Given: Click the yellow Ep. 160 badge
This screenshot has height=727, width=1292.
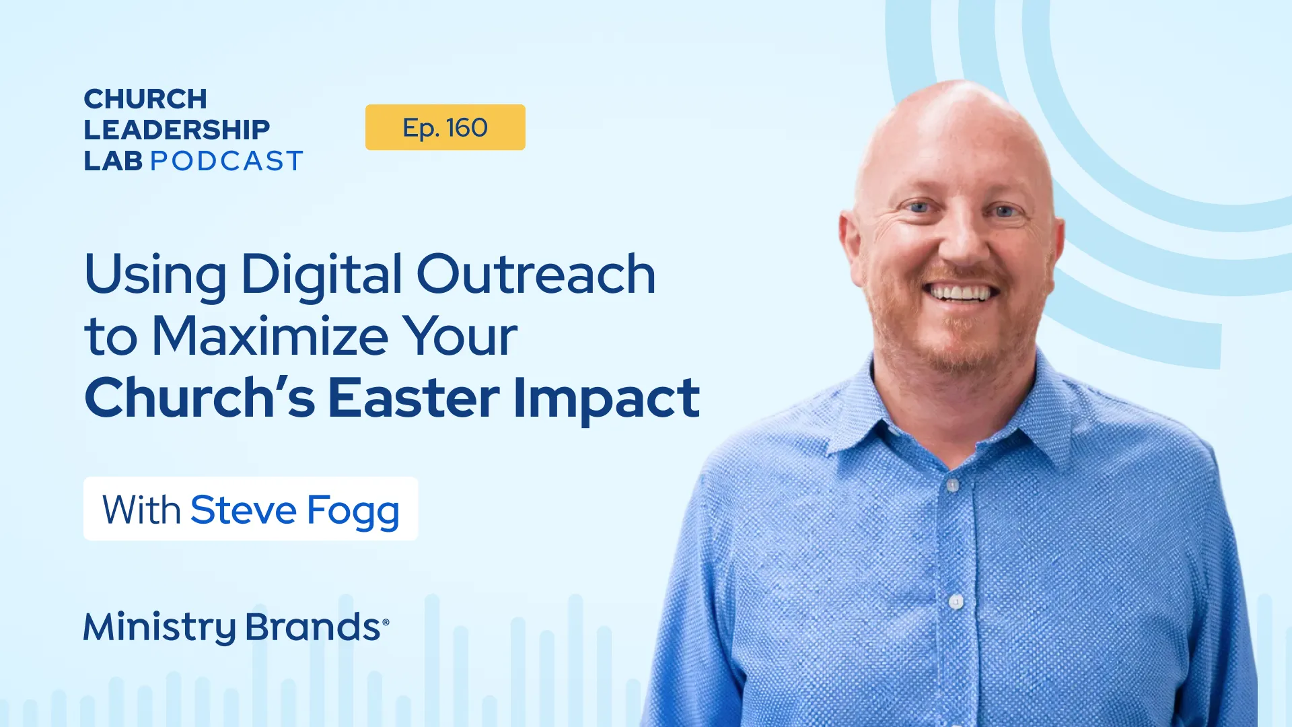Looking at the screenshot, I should pyautogui.click(x=445, y=127).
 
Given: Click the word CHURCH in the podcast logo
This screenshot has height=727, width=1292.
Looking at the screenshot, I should pyautogui.click(x=145, y=99).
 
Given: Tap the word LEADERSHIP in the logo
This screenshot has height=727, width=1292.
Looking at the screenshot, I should pyautogui.click(x=176, y=129).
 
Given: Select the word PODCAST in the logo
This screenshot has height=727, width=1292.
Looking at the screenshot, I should pyautogui.click(x=227, y=161).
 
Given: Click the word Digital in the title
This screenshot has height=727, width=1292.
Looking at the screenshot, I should pyautogui.click(x=321, y=275).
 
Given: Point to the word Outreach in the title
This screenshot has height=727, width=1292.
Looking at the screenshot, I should pyautogui.click(x=536, y=275).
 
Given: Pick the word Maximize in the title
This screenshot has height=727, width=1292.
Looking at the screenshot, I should pyautogui.click(x=270, y=336).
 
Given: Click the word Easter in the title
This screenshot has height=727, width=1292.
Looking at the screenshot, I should pyautogui.click(x=413, y=398).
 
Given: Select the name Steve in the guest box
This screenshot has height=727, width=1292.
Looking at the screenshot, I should pyautogui.click(x=243, y=510).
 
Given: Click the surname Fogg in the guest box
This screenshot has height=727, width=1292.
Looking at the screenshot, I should pyautogui.click(x=353, y=511).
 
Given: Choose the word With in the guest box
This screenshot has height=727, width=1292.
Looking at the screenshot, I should pyautogui.click(x=141, y=510).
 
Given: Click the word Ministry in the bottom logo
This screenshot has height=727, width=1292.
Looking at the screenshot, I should pyautogui.click(x=159, y=627).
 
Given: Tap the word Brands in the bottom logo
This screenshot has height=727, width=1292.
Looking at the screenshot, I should pyautogui.click(x=313, y=627).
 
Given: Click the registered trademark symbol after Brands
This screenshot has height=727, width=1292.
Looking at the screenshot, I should pyautogui.click(x=386, y=622).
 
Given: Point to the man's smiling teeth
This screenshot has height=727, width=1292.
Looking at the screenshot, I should pyautogui.click(x=960, y=293).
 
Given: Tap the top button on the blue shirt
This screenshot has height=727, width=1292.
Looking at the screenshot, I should pyautogui.click(x=952, y=485).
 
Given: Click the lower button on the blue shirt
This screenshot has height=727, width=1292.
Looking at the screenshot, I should pyautogui.click(x=956, y=601).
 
